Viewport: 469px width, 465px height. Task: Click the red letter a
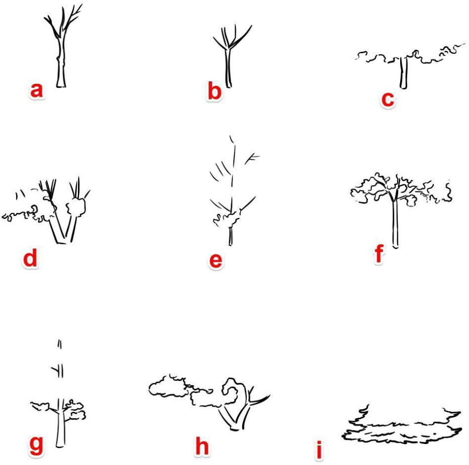37,90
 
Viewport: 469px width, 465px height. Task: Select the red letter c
388,99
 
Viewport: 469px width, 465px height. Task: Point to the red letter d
31,257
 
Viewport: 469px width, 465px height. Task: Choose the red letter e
216,261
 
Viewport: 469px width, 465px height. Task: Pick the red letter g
36,446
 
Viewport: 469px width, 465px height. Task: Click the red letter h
202,446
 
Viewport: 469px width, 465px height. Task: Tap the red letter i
319,450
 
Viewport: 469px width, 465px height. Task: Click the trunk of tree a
61,63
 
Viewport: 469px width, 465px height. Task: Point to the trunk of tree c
404,73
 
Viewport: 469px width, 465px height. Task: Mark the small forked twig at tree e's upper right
252,159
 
